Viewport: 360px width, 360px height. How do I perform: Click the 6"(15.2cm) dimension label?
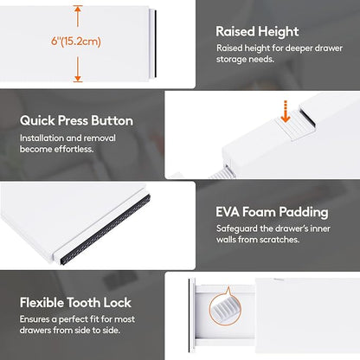pyautogui.click(x=76, y=42)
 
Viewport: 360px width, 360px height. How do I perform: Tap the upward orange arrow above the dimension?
pyautogui.click(x=77, y=16)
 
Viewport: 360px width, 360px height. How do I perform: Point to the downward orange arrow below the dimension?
pyautogui.click(x=77, y=69)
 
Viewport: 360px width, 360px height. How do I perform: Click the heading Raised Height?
pyautogui.click(x=257, y=31)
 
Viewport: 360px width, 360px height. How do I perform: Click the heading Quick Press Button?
pyautogui.click(x=76, y=120)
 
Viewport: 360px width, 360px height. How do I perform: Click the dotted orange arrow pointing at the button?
pyautogui.click(x=286, y=112)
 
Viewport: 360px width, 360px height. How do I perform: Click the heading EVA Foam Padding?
pyautogui.click(x=272, y=212)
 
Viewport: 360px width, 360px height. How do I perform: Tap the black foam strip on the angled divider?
pyautogui.click(x=106, y=229)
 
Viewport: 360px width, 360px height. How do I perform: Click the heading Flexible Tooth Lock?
pyautogui.click(x=75, y=303)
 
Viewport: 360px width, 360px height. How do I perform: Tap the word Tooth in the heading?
pyautogui.click(x=84, y=303)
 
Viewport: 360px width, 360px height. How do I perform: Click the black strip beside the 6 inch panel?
pyautogui.click(x=155, y=44)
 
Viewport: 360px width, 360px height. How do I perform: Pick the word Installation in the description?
pyautogui.click(x=42, y=138)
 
